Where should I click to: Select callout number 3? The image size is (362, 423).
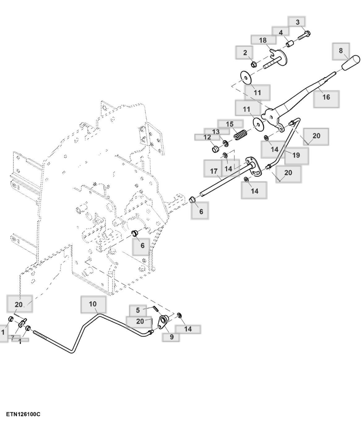(298, 22)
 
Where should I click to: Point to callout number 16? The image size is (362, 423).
(326, 97)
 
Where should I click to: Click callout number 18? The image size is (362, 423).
(263, 40)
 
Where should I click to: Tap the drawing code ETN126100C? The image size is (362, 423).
(23, 414)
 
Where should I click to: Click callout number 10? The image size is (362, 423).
(93, 304)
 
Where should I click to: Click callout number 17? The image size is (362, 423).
(214, 171)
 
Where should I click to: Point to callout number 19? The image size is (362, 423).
(296, 155)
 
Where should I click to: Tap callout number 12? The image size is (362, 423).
(207, 137)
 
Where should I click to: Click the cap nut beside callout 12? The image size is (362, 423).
(216, 149)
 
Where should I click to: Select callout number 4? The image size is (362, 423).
(281, 33)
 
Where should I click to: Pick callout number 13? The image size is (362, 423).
(216, 132)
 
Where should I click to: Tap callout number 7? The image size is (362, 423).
(13, 337)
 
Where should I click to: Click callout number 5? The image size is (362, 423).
(138, 310)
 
